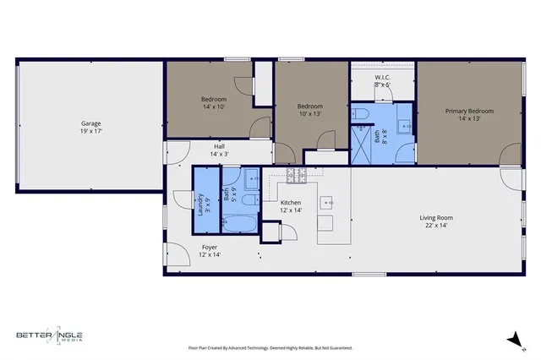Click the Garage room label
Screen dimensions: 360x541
(91, 123)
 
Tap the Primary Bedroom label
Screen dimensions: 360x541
(469, 111)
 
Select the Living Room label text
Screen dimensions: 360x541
(436, 218)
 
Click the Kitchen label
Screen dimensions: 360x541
(291, 203)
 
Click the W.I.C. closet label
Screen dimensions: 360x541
(383, 77)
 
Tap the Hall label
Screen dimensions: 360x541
(219, 146)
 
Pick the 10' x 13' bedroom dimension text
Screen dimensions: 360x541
(310, 113)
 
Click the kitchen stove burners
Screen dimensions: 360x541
(297, 175)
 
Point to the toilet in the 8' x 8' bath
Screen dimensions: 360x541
(358, 114)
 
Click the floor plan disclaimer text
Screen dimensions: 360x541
(270, 347)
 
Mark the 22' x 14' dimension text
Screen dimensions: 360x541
(436, 226)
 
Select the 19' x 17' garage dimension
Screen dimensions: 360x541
(91, 131)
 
